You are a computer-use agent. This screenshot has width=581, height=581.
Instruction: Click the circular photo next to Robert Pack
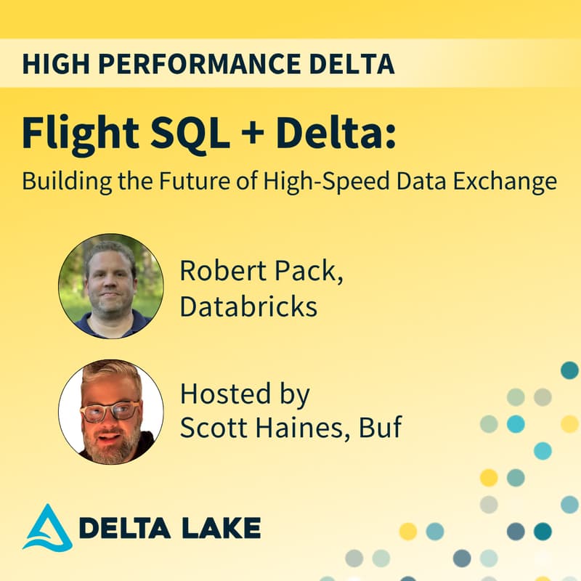pyautogui.click(x=110, y=286)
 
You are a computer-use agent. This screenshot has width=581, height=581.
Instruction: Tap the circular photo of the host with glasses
pyautogui.click(x=110, y=411)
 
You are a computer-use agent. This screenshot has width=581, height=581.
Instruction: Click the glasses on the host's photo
pyautogui.click(x=110, y=410)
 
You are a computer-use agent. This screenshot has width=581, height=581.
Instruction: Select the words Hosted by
pyautogui.click(x=245, y=395)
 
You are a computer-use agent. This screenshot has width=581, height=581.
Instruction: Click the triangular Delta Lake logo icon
pyautogui.click(x=47, y=527)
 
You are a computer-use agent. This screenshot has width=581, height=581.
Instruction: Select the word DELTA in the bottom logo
pyautogui.click(x=121, y=528)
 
